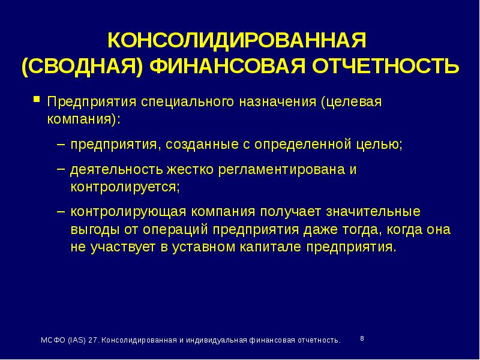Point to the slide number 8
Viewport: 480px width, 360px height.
click(x=362, y=338)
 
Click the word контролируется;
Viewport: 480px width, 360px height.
click(x=125, y=186)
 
